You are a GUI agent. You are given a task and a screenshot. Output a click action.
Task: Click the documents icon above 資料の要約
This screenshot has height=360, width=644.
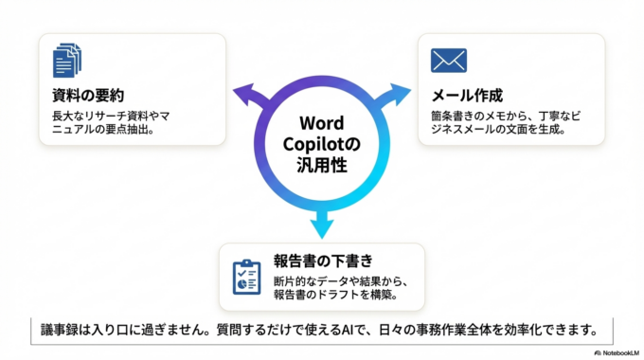pyautogui.click(x=66, y=60)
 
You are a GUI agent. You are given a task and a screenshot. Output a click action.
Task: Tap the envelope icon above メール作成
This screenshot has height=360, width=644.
pyautogui.click(x=448, y=61)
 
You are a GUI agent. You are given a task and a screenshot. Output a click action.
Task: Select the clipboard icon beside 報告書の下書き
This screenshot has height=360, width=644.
pyautogui.click(x=247, y=275)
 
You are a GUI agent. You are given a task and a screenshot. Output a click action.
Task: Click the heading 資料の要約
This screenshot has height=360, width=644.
pyautogui.click(x=88, y=97)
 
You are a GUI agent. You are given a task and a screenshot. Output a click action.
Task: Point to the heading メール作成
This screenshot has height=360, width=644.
pyautogui.click(x=466, y=97)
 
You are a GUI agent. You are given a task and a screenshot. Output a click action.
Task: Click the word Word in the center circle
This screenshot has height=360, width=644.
pyautogui.click(x=321, y=124)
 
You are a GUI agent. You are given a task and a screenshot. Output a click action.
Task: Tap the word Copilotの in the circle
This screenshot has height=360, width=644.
pyautogui.click(x=322, y=145)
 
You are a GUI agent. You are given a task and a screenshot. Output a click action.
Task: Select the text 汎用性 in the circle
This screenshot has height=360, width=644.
pyautogui.click(x=321, y=166)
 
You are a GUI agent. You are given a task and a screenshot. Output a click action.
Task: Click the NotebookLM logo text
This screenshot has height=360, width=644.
pyautogui.click(x=616, y=351)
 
